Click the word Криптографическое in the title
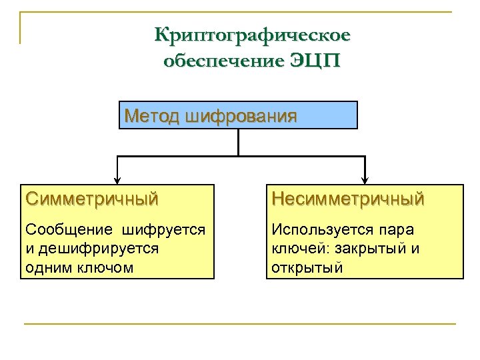252,34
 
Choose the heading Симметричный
92,198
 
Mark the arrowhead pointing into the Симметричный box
118,179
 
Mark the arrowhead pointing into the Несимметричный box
365,179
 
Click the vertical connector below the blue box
238,141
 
